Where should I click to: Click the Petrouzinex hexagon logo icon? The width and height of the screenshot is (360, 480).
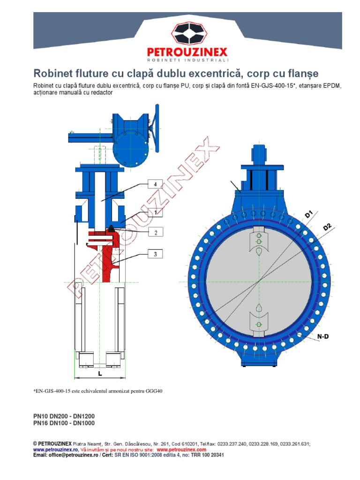pyautogui.click(x=187, y=34)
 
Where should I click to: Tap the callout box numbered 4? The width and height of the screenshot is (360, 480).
pyautogui.click(x=154, y=184)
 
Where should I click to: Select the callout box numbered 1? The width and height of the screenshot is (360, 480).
pyautogui.click(x=154, y=212)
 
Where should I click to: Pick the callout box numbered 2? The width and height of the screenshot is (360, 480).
pyautogui.click(x=154, y=232)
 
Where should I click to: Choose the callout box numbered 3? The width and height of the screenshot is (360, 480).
pyautogui.click(x=154, y=255)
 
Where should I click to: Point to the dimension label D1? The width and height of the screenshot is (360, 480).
pyautogui.click(x=309, y=214)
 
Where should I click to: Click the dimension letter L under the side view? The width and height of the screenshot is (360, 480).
pyautogui.click(x=100, y=374)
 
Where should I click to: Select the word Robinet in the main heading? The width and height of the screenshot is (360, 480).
pyautogui.click(x=52, y=74)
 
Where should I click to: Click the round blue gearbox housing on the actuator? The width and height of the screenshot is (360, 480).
pyautogui.click(x=131, y=150)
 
